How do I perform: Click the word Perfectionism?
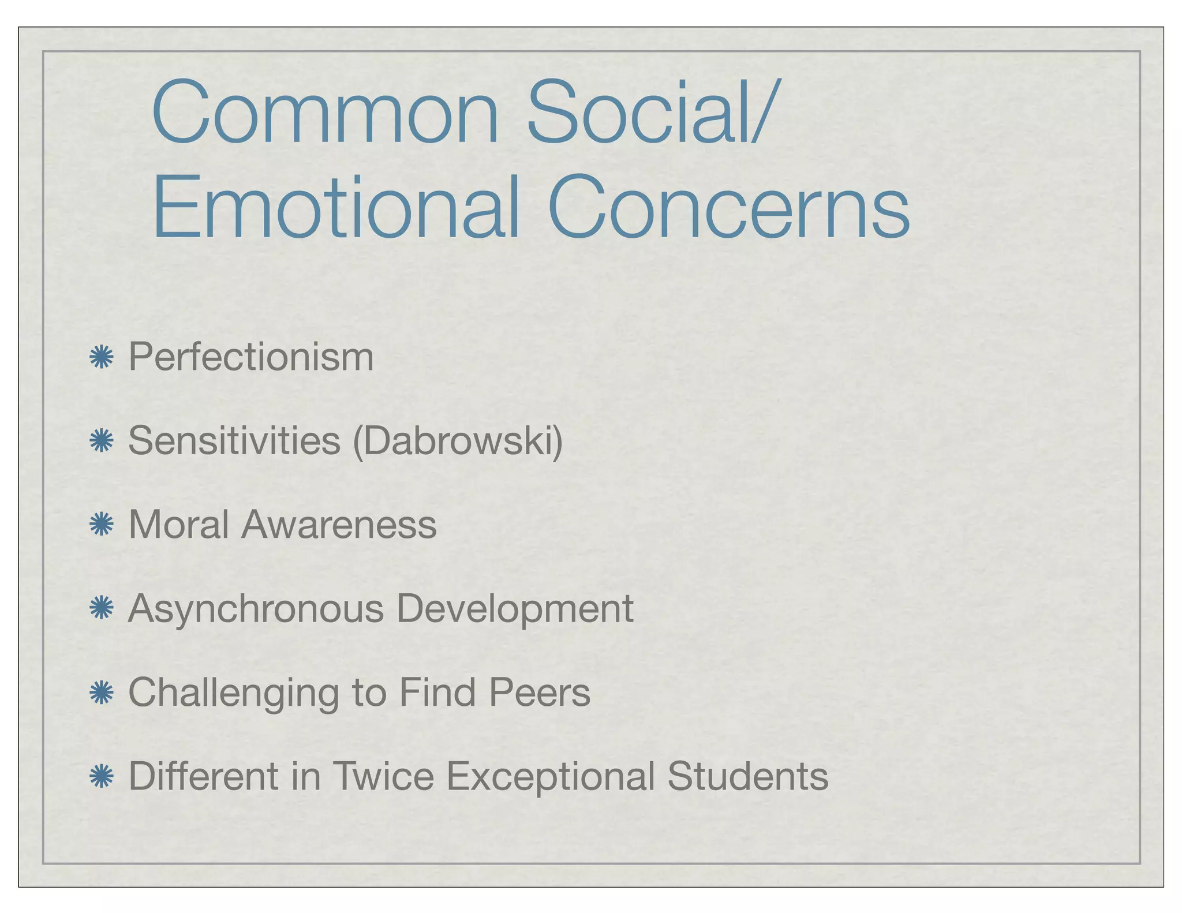251,357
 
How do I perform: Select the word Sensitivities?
234,441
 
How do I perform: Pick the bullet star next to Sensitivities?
101,441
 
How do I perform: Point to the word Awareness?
339,525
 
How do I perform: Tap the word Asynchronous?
256,609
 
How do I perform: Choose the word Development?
515,609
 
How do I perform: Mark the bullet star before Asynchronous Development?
101,609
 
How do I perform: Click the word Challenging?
233,693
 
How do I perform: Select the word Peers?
540,692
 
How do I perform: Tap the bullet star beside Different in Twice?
101,776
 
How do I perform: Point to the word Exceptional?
551,776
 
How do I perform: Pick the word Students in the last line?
748,776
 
